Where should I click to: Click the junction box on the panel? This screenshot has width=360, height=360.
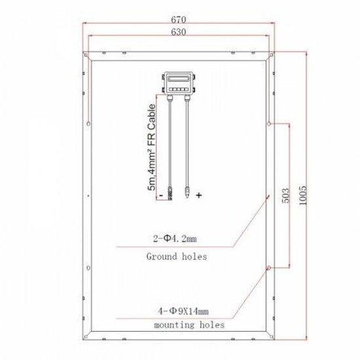tap(177, 82)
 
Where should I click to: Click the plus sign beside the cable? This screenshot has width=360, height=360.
tap(199, 194)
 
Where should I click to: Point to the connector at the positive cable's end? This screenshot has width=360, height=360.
tap(188, 191)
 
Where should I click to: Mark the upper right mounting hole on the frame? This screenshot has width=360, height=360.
tap(268, 122)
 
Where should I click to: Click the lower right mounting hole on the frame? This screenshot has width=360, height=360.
tap(268, 268)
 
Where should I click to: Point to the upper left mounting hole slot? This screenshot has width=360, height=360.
tap(87, 122)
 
